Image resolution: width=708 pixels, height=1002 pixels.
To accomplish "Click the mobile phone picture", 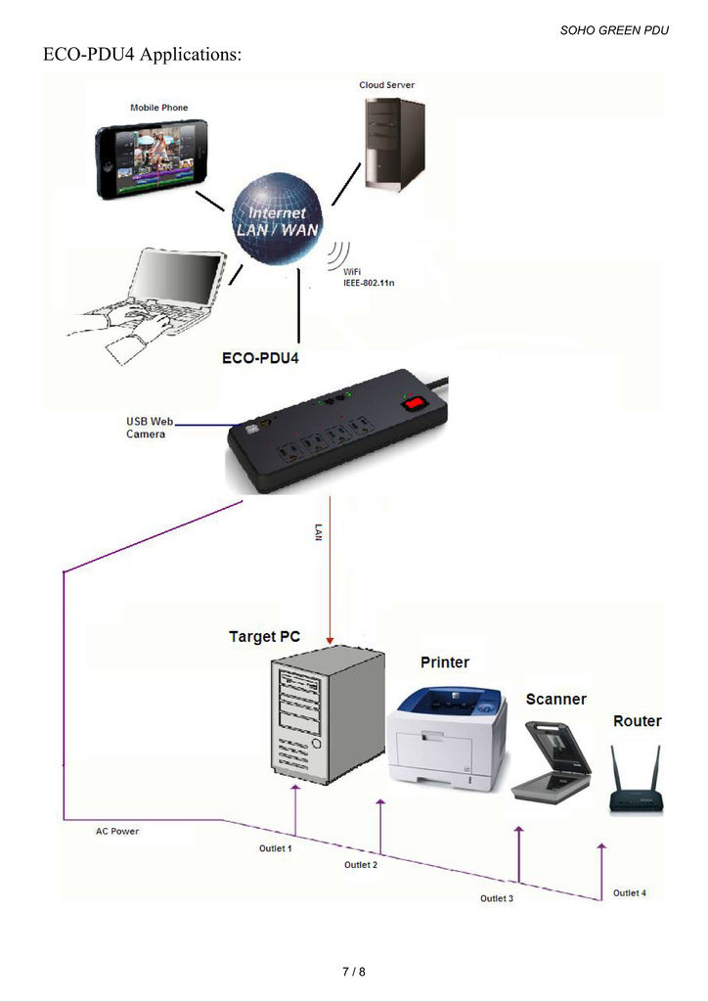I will (152, 159).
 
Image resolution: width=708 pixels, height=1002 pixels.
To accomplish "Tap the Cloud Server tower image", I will (395, 144).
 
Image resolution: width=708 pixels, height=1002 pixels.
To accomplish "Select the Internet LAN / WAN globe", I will (278, 219).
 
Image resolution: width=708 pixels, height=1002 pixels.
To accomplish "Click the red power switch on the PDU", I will (415, 401).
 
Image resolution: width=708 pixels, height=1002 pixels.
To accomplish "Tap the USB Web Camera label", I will (149, 428).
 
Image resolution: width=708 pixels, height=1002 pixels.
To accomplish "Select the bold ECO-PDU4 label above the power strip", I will (261, 358).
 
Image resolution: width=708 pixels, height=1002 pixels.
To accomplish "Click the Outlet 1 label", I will (276, 848).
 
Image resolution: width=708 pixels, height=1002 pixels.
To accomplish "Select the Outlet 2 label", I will (361, 865).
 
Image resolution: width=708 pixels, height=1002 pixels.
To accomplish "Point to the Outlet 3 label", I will (497, 897).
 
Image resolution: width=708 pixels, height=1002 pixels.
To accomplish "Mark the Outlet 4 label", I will (630, 892).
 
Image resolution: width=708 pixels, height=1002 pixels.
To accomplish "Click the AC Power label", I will (117, 832).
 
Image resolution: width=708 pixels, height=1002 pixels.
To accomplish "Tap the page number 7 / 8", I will (354, 972).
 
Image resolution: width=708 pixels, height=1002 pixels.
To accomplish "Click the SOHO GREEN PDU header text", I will (614, 30).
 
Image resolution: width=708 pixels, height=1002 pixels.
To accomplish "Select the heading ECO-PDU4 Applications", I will (142, 55).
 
